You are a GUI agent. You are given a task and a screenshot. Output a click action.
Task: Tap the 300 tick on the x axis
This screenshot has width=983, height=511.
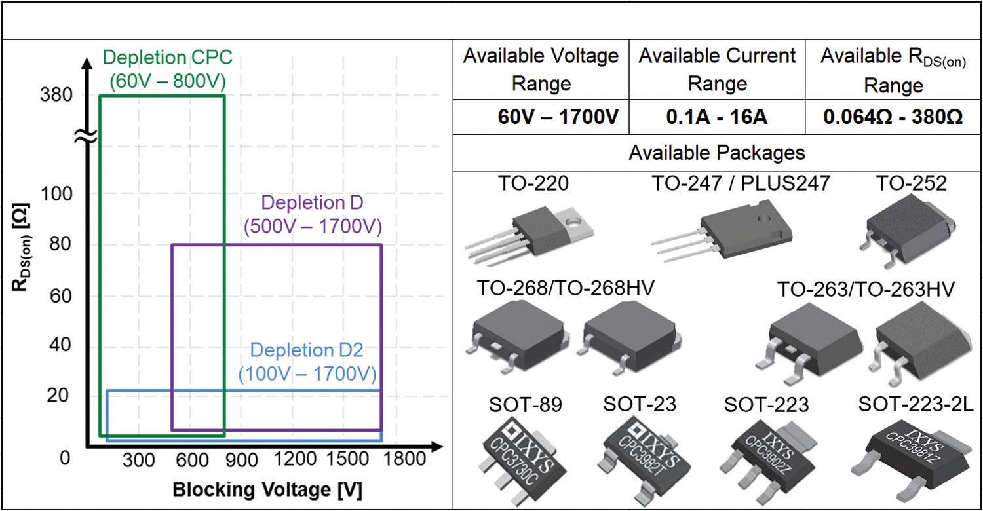[139, 459]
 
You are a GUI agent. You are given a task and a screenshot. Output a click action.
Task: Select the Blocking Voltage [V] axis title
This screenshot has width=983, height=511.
[267, 489]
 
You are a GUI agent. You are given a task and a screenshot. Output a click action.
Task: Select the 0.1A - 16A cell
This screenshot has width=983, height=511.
[717, 118]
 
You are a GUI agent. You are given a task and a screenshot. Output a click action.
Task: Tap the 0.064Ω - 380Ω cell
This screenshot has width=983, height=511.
[893, 118]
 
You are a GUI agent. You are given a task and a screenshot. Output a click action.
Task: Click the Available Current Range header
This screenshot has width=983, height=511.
[717, 69]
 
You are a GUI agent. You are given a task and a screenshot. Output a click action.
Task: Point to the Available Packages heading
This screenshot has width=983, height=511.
[716, 153]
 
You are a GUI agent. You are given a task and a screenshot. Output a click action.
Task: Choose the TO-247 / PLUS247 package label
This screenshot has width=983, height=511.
[740, 183]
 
